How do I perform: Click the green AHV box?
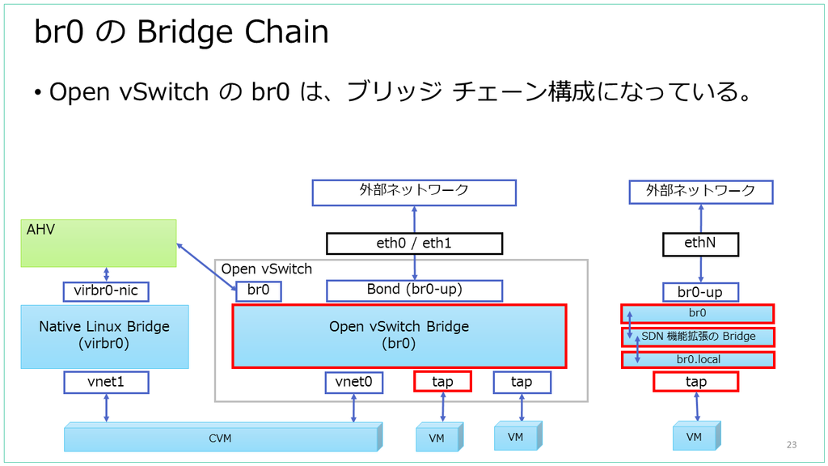click(x=99, y=243)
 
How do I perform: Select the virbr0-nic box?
click(x=106, y=291)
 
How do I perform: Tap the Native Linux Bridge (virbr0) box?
click(x=104, y=337)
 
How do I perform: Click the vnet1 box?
click(x=106, y=382)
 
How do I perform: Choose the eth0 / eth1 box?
click(x=415, y=244)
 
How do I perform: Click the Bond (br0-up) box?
click(x=415, y=290)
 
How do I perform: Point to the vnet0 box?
click(x=354, y=382)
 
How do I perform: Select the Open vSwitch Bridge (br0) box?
click(x=399, y=336)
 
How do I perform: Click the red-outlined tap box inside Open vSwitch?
click(x=442, y=382)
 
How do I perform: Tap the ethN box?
click(x=700, y=244)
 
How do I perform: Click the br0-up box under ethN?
click(x=700, y=292)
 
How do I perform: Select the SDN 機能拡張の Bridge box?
click(x=698, y=337)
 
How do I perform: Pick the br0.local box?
click(x=698, y=360)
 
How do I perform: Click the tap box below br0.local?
click(x=696, y=382)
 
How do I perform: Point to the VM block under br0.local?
click(x=696, y=436)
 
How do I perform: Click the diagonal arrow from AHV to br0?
click(x=206, y=267)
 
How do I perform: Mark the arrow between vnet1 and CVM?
click(x=106, y=408)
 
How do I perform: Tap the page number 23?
click(x=792, y=445)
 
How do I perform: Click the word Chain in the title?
click(x=287, y=32)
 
